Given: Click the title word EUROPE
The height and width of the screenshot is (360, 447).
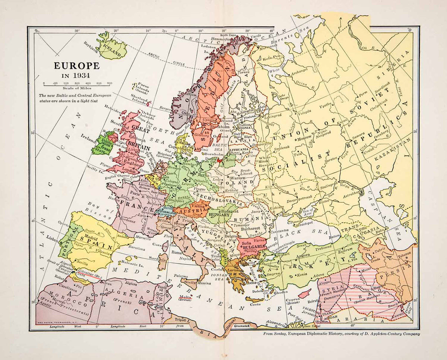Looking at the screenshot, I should coord(77,66).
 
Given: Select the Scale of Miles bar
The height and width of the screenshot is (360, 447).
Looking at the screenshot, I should coord(76,85).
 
